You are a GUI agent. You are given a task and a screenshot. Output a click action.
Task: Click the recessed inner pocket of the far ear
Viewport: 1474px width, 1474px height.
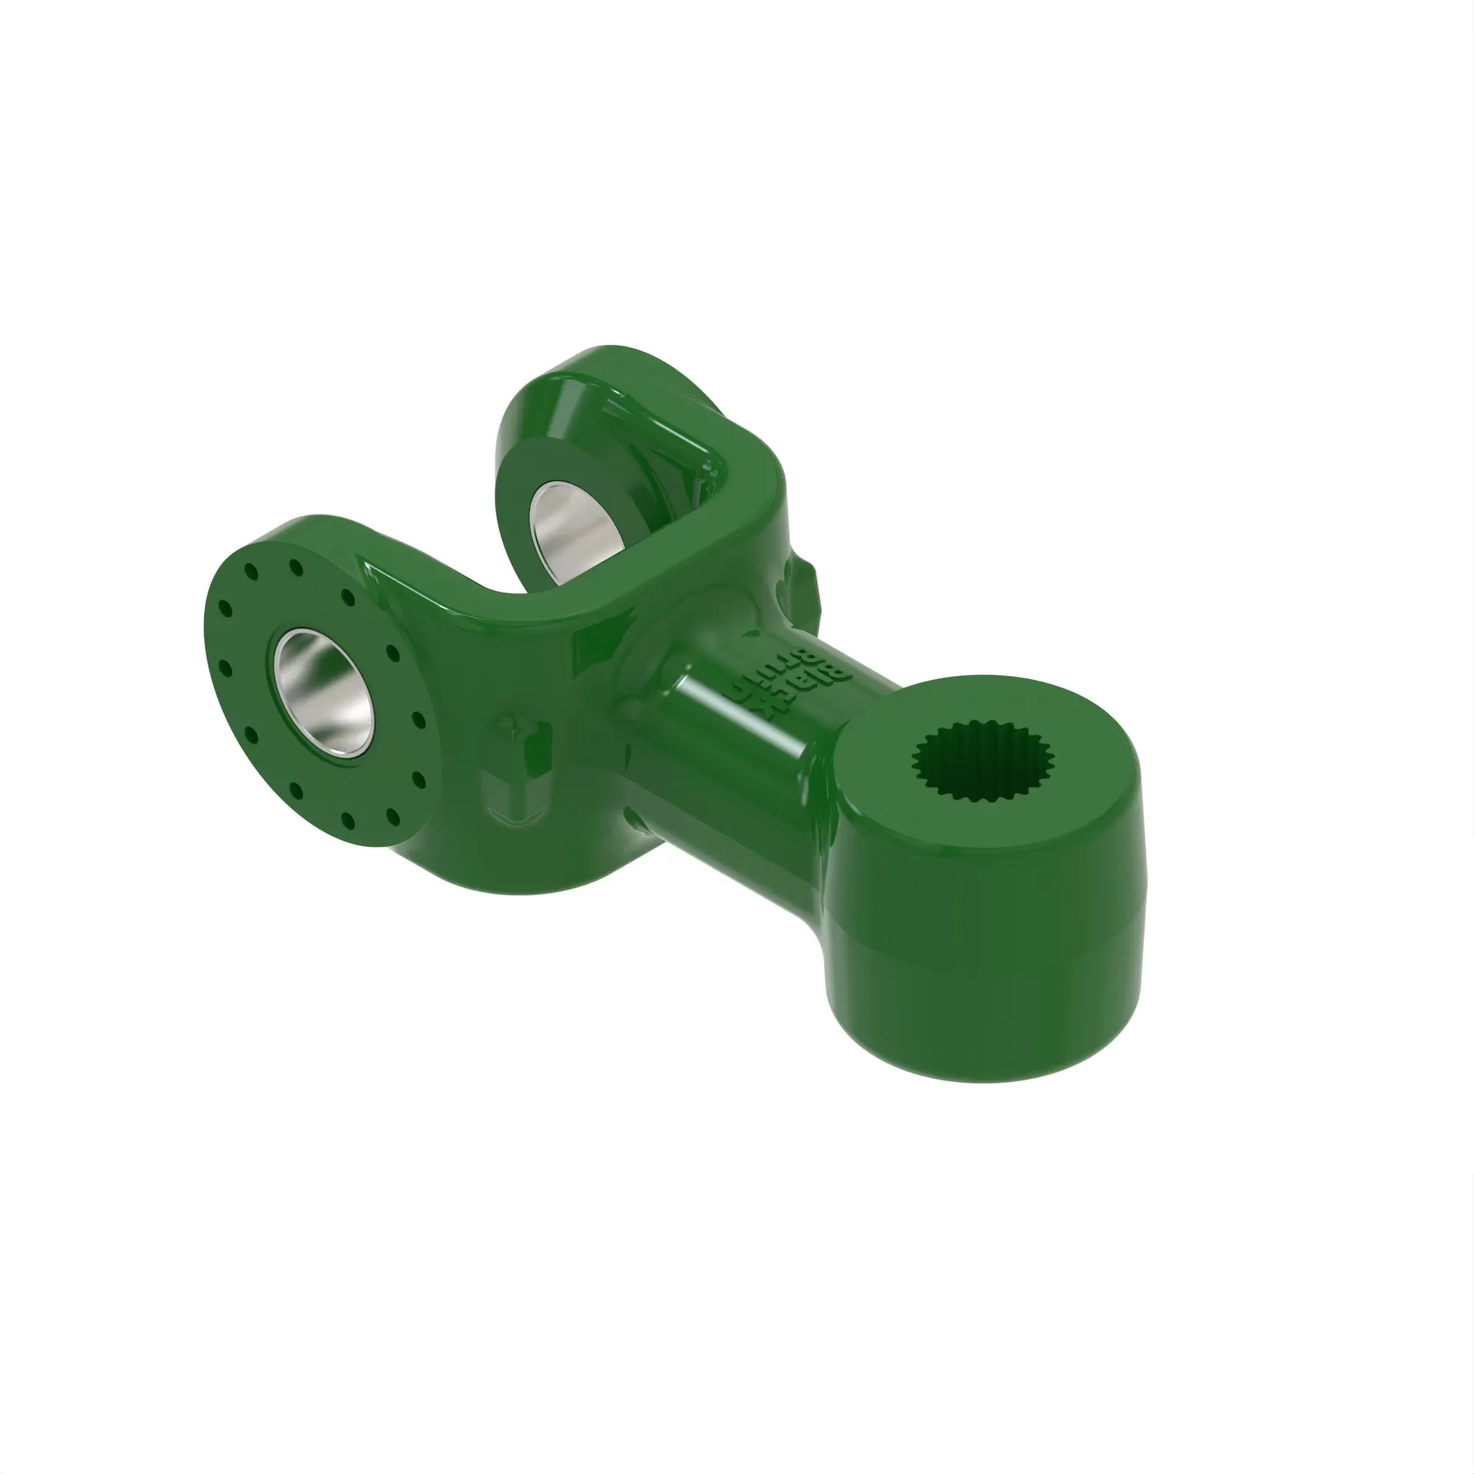671,458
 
